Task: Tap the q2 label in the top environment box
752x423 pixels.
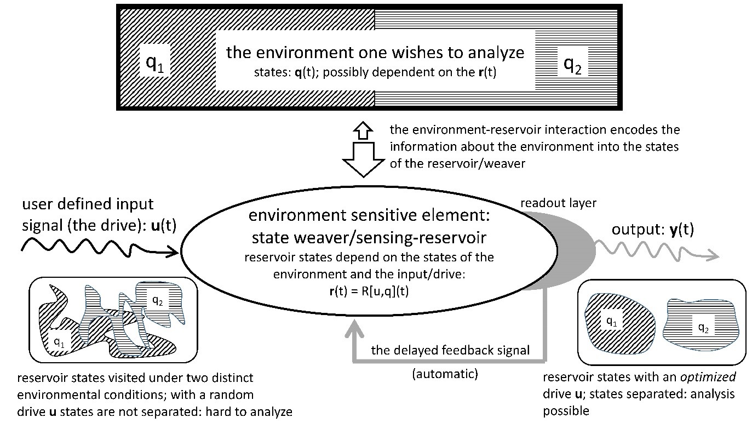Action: click(x=572, y=66)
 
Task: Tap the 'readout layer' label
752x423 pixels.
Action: click(x=559, y=203)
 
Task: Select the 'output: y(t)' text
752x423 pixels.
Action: click(x=645, y=230)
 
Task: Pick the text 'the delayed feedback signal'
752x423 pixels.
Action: click(x=450, y=350)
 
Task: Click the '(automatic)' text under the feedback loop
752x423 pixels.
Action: click(x=445, y=375)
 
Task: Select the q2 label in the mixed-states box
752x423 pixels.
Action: click(x=157, y=300)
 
